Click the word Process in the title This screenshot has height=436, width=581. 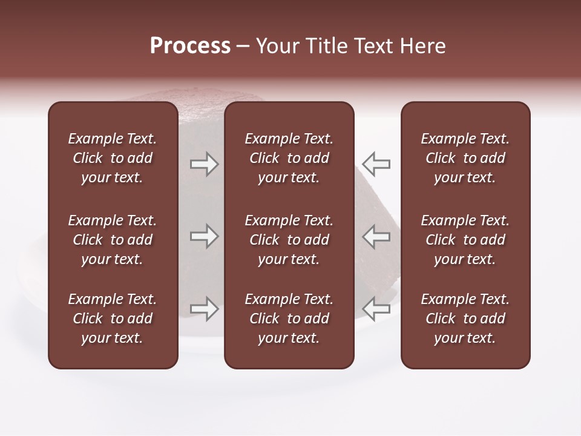[190, 46]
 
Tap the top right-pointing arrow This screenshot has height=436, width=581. [204, 164]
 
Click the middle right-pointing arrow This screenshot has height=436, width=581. [204, 236]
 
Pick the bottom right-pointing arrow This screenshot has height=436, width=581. [204, 308]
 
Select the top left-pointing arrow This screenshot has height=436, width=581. [376, 164]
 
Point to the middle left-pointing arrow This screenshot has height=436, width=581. [376, 236]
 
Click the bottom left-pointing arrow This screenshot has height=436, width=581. [376, 308]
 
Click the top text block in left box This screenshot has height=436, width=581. [113, 158]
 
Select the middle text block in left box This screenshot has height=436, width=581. [113, 240]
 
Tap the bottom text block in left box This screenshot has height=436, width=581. [113, 319]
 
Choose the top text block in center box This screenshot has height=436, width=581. [289, 158]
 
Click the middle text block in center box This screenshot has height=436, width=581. [289, 240]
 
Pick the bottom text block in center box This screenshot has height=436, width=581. [289, 319]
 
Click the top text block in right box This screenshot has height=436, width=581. [465, 158]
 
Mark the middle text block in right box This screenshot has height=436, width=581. [465, 240]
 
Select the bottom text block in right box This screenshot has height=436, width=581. [465, 319]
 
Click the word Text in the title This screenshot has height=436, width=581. [372, 46]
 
